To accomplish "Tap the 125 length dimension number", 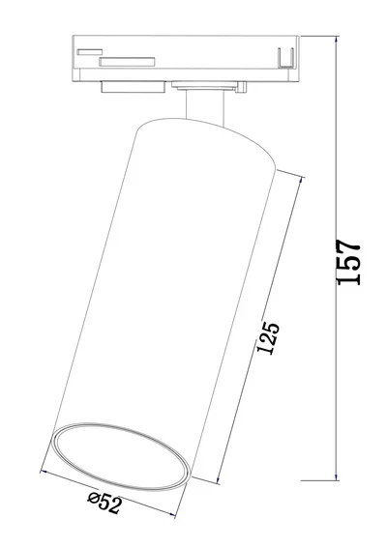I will (272, 341).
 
